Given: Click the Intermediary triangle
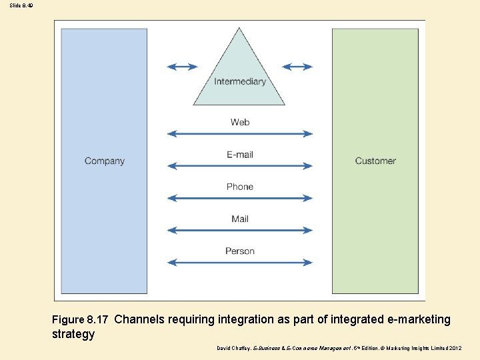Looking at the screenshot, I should (239, 73).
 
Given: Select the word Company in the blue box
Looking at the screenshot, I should (105, 161).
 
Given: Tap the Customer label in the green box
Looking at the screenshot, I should (375, 161).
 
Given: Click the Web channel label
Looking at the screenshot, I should (240, 122).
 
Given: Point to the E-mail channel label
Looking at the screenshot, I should (240, 155).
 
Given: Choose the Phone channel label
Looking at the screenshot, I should (240, 187).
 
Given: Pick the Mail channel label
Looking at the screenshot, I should (240, 219).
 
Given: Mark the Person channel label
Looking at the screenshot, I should (240, 251).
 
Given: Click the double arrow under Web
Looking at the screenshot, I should (240, 134).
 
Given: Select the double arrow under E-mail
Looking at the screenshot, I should (240, 166).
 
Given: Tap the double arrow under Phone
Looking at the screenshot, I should (240, 198).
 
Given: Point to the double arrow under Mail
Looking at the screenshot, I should (240, 231).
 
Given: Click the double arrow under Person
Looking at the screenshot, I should (240, 263).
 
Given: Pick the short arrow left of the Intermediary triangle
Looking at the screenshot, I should (182, 67).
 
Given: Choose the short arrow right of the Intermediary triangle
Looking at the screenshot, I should (297, 67).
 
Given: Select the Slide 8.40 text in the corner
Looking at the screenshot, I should (21, 5).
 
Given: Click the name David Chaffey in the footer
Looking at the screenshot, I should (234, 349).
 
